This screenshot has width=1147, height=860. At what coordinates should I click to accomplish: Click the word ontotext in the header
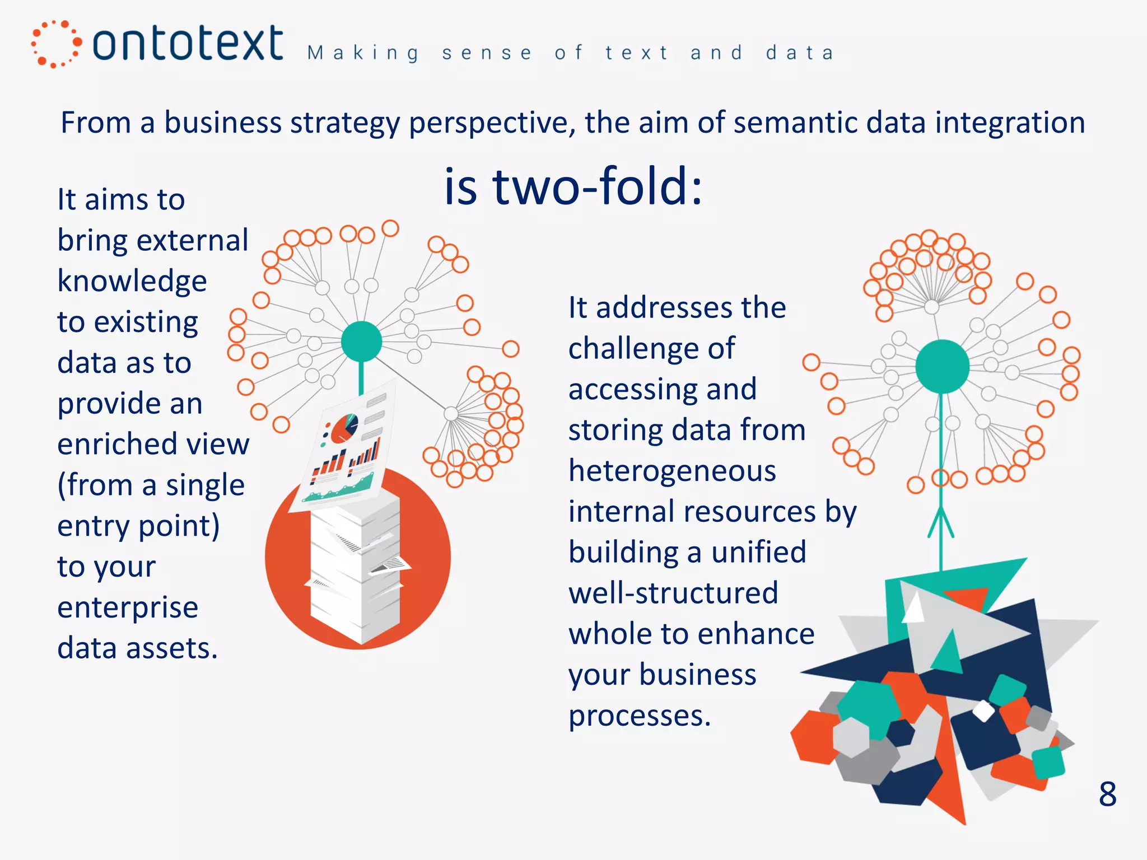pyautogui.click(x=188, y=44)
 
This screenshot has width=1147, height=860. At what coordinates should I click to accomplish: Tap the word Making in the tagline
pyautogui.click(x=363, y=53)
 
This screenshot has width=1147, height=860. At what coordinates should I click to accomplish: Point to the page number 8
pyautogui.click(x=1107, y=794)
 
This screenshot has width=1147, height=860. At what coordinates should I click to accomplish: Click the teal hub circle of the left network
pyautogui.click(x=361, y=342)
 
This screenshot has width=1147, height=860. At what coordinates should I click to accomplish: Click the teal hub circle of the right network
pyautogui.click(x=942, y=366)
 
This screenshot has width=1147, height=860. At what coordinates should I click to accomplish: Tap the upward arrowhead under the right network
pyautogui.click(x=941, y=521)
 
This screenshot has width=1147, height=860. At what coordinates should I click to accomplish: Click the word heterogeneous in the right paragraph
pyautogui.click(x=672, y=470)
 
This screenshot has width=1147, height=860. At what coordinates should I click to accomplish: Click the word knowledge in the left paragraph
pyautogui.click(x=132, y=281)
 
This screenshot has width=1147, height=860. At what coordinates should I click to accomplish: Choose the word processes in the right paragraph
pyautogui.click(x=639, y=716)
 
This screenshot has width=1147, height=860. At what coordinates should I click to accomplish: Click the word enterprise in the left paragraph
pyautogui.click(x=128, y=607)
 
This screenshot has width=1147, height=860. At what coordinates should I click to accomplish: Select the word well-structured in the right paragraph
pyautogui.click(x=673, y=593)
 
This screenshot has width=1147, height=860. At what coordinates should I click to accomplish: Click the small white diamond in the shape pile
pyautogui.click(x=983, y=711)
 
